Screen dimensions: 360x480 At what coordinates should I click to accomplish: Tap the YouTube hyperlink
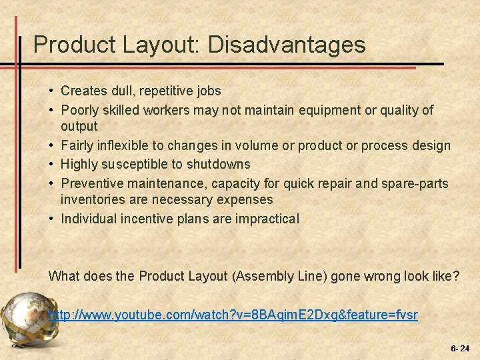pyautogui.click(x=233, y=314)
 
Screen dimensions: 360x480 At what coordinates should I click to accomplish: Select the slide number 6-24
pyautogui.click(x=460, y=348)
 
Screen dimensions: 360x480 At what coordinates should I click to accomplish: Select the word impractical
pyautogui.click(x=267, y=218)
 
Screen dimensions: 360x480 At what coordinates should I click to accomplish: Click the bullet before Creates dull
pyautogui.click(x=51, y=90)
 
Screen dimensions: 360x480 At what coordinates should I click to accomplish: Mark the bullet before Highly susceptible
pyautogui.click(x=51, y=163)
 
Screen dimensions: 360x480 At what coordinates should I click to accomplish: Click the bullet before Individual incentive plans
pyautogui.click(x=51, y=218)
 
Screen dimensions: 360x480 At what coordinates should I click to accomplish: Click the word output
pyautogui.click(x=79, y=126)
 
